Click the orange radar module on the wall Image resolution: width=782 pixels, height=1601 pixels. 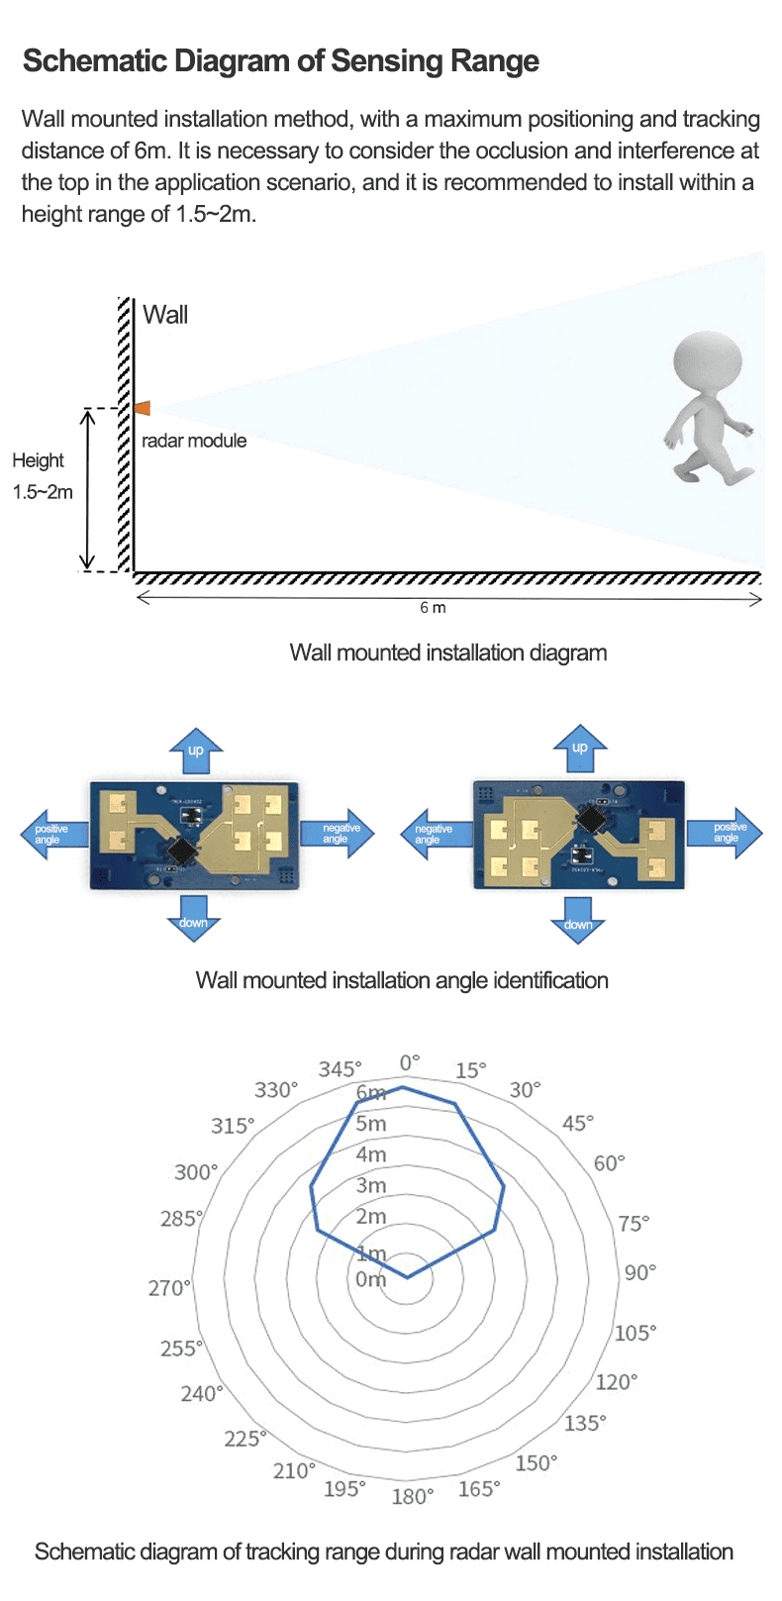143,408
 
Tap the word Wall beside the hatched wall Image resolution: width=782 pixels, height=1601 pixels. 165,315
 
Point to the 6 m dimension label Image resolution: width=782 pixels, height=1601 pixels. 433,608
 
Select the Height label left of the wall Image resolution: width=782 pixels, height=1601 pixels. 38,460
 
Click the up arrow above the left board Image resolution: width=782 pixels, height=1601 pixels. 196,749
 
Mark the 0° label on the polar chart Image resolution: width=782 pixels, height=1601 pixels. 410,1062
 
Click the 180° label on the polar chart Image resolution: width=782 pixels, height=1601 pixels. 413,1496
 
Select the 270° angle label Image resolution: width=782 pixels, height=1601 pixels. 168,1288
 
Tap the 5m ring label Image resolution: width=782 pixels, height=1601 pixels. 371,1124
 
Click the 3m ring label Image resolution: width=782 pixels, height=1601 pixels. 371,1185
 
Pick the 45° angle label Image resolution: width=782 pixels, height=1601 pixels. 578,1124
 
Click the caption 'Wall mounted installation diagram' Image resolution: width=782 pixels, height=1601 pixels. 447,653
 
